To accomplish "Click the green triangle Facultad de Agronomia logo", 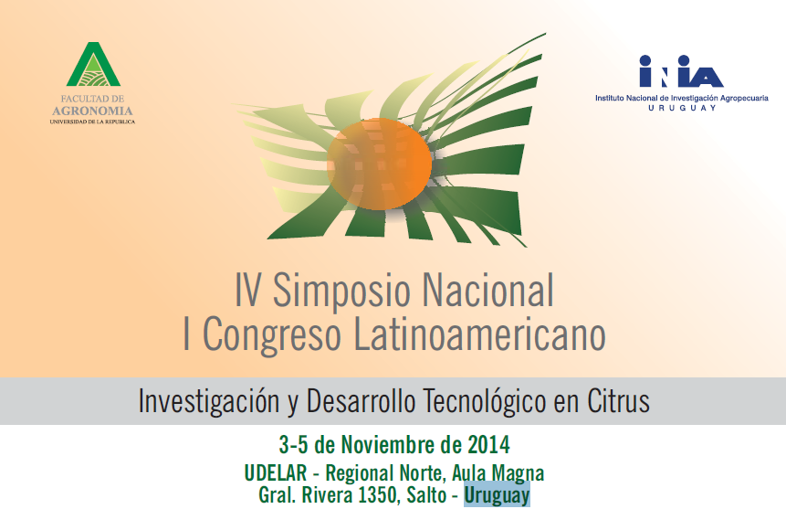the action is pos(93,64).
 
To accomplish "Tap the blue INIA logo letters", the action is pos(681,71).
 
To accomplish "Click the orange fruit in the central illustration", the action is pos(380,164).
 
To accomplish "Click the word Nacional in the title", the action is pos(488,291).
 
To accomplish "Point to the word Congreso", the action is pos(272,335).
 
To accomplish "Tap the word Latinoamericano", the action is pos(480,334).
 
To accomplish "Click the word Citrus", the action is pos(619,401).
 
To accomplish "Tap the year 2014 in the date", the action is pos(488,445).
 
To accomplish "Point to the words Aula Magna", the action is pos(498,473).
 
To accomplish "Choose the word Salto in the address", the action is pos(426,495).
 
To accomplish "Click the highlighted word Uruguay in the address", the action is pos(497,495).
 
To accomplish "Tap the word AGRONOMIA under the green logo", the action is pos(93,111).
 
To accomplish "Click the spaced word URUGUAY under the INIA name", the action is pos(682,108).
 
